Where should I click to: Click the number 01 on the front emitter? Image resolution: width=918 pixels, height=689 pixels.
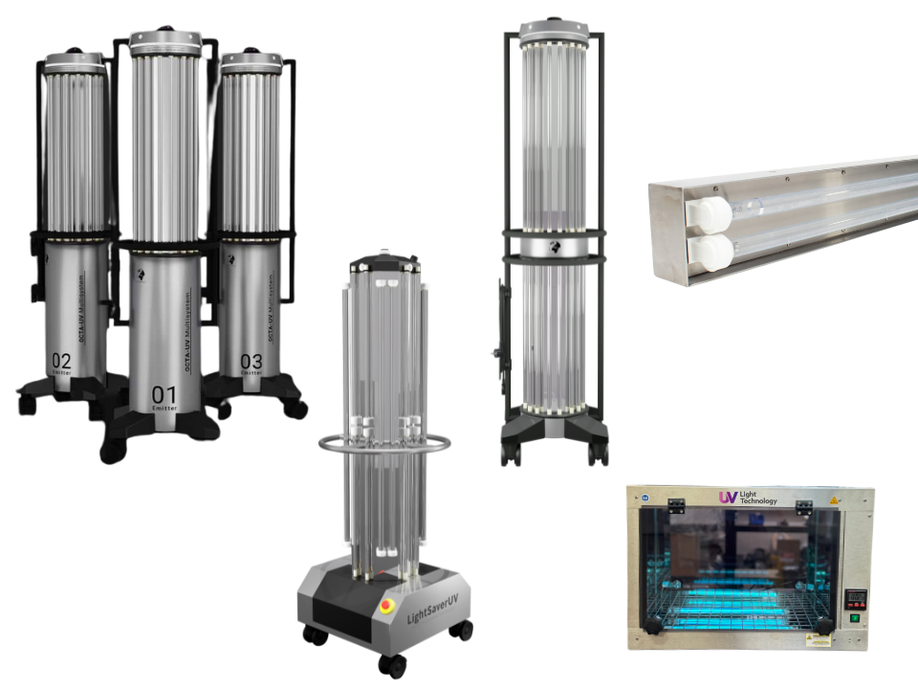[164, 394]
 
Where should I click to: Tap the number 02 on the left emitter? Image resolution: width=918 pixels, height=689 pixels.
[61, 361]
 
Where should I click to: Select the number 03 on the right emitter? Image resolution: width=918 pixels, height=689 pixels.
[251, 362]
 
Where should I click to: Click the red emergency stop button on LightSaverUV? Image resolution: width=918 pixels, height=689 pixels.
[387, 605]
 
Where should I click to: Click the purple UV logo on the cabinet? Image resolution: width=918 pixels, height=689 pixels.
[728, 498]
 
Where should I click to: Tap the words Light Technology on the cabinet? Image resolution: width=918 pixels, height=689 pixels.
[758, 498]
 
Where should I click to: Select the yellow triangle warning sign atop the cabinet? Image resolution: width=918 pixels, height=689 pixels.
[833, 500]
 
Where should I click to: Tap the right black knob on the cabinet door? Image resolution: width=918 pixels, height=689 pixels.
[824, 627]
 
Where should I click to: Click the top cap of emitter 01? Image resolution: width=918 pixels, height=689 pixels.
[165, 43]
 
